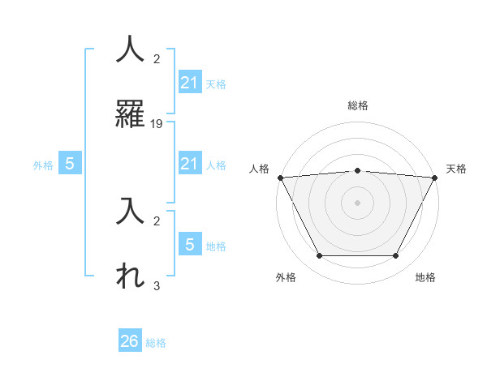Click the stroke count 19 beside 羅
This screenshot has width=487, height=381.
coord(157,124)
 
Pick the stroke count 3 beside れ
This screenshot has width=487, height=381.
coord(157,286)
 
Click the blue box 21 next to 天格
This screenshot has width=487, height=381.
coord(189,83)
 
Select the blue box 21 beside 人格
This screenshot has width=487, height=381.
coord(189,165)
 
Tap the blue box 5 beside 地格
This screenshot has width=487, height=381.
coord(189,245)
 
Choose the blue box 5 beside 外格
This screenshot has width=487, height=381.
coord(70,164)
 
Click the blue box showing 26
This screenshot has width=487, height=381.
coord(130,341)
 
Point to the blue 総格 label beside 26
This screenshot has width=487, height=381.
coord(156,343)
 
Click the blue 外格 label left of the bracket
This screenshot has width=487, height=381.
coord(43,165)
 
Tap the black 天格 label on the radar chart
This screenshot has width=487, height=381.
coord(457,169)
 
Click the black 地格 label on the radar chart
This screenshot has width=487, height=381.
coord(425,277)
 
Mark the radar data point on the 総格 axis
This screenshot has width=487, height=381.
coord(357,170)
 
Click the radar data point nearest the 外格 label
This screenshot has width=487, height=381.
coord(319,256)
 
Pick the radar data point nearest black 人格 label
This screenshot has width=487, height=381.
coord(280,178)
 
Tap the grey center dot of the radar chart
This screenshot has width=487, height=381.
coord(357,202)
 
